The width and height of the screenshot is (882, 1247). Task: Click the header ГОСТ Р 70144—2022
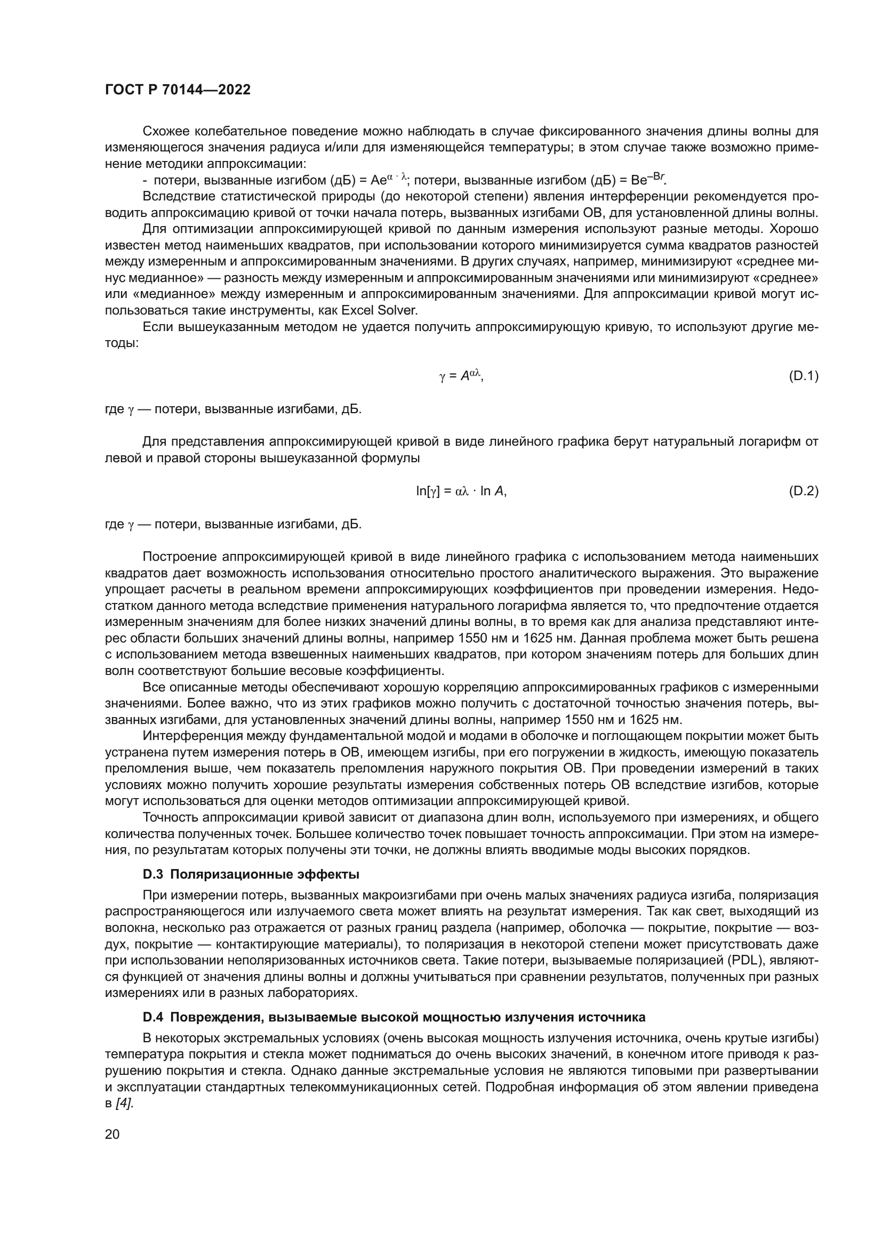point(178,90)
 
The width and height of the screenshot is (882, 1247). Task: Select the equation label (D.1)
point(803,376)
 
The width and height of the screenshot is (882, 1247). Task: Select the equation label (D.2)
point(803,491)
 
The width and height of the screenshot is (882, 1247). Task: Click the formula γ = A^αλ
point(461,375)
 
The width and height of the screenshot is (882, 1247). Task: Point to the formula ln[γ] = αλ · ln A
point(461,491)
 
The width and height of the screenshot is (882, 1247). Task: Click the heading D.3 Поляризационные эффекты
point(251,874)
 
